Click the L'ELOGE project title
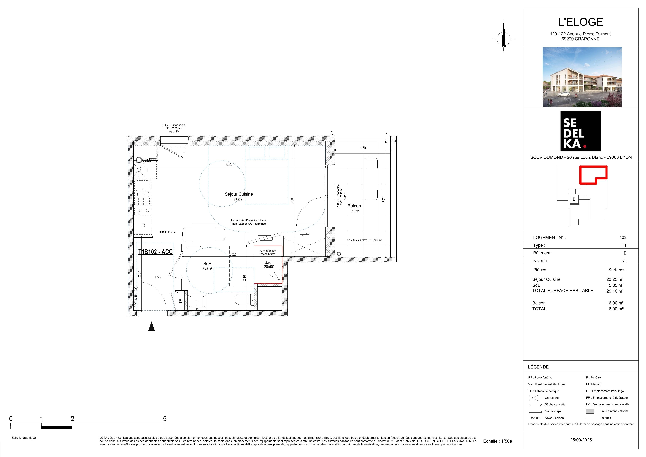pos(580,22)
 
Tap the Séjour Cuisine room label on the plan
pos(239,194)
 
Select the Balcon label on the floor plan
pos(354,206)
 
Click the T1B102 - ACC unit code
pos(155,252)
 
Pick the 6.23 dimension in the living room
pos(229,164)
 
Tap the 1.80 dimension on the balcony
pos(363,148)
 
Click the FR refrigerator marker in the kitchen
pos(143,225)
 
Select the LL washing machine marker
pos(147,170)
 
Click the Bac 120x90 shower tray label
pos(268,265)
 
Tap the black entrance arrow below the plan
pos(152,326)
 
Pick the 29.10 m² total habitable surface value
pos(615,291)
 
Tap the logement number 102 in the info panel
pos(623,238)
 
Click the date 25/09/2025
pos(581,440)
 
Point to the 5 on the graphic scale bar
pos(165,419)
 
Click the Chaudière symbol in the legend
pos(533,398)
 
